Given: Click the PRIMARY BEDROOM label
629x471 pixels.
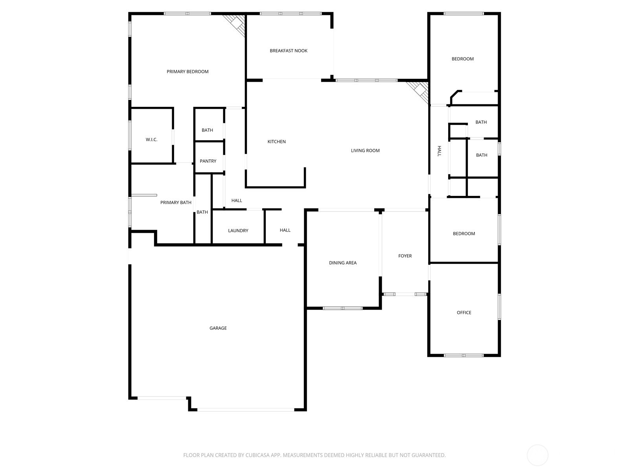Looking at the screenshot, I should point(188,71).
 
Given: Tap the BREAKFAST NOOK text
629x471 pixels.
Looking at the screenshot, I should point(289,51).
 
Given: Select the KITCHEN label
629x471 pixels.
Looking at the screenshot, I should point(276,142).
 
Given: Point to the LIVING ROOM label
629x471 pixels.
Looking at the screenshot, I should point(365,150).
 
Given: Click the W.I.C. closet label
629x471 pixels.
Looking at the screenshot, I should point(151,140).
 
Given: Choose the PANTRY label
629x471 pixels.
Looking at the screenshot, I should point(208,161).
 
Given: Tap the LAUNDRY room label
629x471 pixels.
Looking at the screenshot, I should point(238,231).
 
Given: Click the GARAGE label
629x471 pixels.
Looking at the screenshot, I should point(218,328).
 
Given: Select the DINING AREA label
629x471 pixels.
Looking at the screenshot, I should point(343,263).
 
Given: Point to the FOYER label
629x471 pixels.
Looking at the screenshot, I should point(405,256).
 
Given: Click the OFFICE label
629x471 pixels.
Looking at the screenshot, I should point(464,313).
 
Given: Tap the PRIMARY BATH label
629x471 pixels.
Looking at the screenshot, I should point(176,203).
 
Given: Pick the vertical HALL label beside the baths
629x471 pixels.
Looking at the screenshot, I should point(440,151).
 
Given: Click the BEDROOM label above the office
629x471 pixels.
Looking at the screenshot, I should point(464,234).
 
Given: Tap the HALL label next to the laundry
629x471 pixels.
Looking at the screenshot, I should point(285,230).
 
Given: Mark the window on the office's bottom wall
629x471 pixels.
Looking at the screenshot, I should point(463,356).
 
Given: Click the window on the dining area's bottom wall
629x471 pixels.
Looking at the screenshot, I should point(342,308).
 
